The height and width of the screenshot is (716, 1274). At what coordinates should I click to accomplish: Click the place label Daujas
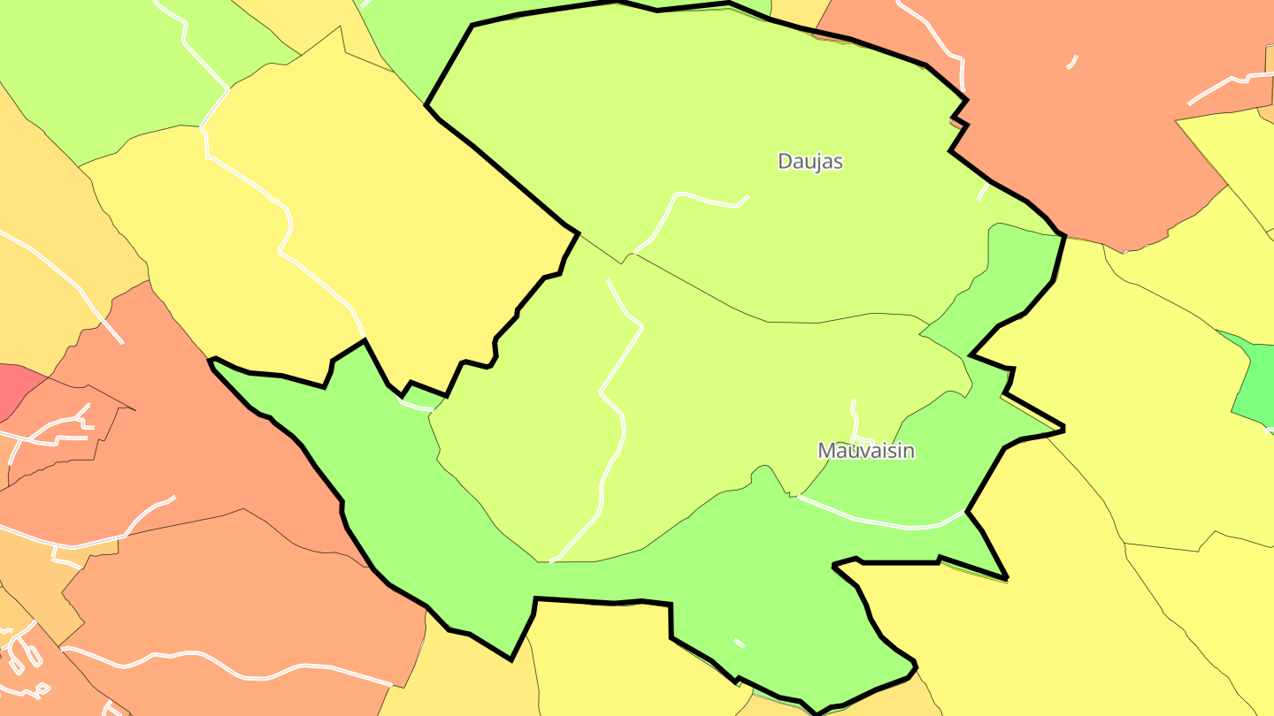coord(810,161)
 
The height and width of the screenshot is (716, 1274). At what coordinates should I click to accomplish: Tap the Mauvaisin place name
coord(865,450)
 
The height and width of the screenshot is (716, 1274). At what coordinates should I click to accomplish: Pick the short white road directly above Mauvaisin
coord(856,420)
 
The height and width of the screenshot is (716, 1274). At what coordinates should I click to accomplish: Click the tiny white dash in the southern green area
coord(739,643)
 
